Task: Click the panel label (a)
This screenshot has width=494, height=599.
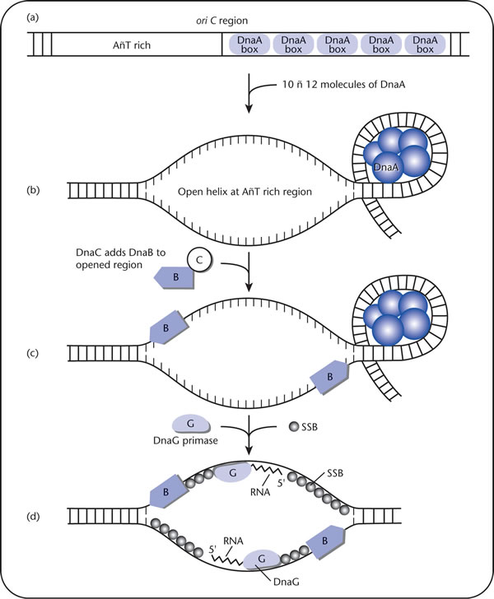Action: click(32, 17)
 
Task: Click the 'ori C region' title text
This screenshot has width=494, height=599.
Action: click(221, 21)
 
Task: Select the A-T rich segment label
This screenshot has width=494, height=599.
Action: click(132, 45)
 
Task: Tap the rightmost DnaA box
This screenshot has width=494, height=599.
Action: click(425, 44)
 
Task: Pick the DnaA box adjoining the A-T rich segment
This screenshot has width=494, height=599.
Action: click(249, 44)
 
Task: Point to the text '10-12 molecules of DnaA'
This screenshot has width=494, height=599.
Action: click(343, 85)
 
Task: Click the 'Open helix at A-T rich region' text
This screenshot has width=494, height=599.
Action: click(245, 192)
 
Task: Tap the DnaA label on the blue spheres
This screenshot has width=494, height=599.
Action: click(386, 167)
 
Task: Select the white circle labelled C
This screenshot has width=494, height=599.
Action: click(199, 260)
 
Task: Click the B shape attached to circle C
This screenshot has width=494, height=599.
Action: click(175, 277)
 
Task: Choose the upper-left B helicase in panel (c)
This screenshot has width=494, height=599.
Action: click(167, 327)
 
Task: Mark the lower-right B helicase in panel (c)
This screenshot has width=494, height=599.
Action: click(329, 377)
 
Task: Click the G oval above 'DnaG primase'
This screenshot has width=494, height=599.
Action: click(191, 424)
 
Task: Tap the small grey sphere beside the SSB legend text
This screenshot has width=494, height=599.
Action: click(294, 427)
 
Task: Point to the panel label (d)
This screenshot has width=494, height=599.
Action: click(32, 517)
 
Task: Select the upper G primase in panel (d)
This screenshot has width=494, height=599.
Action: click(233, 473)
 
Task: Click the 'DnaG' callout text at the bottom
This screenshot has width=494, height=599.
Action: click(287, 583)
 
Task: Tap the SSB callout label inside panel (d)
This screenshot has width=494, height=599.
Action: click(335, 473)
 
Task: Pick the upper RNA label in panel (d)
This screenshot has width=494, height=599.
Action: click(260, 492)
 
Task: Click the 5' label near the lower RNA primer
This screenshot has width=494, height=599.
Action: click(213, 550)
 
